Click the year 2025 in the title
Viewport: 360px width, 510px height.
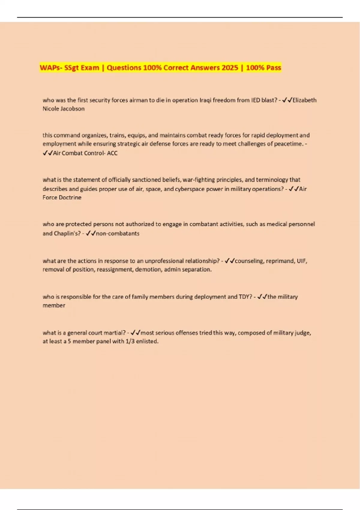230,68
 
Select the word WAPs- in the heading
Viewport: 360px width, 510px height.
51,68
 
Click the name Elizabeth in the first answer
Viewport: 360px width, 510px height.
304,100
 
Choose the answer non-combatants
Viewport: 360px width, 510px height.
118,233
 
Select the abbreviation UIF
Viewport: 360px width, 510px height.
302,261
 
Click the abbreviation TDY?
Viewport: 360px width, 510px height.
245,297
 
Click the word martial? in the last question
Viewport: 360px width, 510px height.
115,333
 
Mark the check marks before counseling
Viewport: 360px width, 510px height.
229,261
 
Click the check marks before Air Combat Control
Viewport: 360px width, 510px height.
48,153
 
